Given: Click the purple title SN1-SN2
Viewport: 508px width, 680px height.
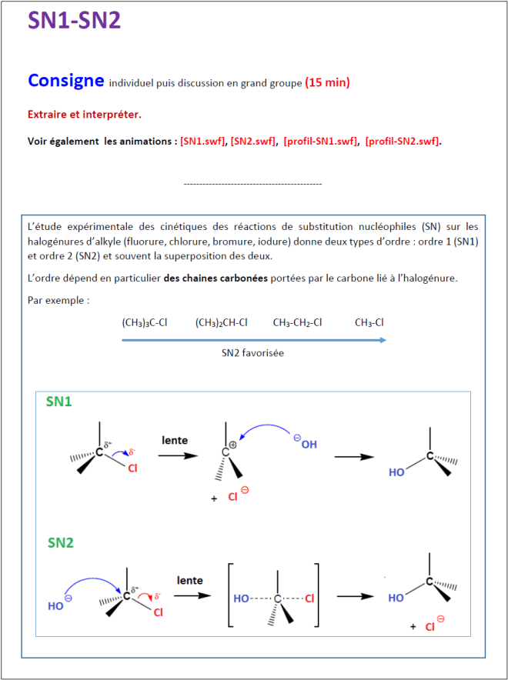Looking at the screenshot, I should tap(74, 21).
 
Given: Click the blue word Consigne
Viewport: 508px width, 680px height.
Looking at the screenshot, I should tap(65, 80).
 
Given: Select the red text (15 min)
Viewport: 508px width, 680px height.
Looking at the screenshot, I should tap(327, 82).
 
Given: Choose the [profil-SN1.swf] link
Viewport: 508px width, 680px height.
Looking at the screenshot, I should tap(320, 141).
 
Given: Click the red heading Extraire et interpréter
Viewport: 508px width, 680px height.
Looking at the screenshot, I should tap(85, 114).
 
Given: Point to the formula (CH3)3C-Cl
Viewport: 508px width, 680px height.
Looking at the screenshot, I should tap(146, 322).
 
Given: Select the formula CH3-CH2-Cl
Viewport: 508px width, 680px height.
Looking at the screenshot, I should tap(297, 322).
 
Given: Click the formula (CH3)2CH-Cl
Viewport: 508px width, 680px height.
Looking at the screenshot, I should tap(222, 322).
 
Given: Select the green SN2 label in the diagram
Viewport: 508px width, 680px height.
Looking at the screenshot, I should tap(60, 542).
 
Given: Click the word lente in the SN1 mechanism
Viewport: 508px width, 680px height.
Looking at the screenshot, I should tap(175, 440).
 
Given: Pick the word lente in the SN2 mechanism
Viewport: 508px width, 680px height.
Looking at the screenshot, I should tap(189, 580).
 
